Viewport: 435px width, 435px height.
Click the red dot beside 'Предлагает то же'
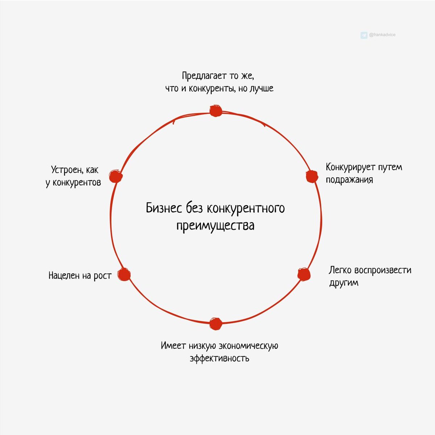216,111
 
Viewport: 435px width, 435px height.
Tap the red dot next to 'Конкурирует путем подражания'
311,177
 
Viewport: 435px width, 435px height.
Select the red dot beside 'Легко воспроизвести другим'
304,274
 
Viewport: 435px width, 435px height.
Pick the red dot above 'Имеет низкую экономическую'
216,323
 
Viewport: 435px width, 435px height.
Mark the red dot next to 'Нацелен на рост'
124,274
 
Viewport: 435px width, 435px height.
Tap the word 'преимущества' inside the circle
215,225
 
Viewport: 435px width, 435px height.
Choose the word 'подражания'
349,179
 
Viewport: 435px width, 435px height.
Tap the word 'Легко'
340,270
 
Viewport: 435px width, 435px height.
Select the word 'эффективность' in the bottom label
219,359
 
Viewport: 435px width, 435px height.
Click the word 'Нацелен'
64,275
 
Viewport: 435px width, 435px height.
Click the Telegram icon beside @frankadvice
364,35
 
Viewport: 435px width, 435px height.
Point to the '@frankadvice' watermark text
382,35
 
